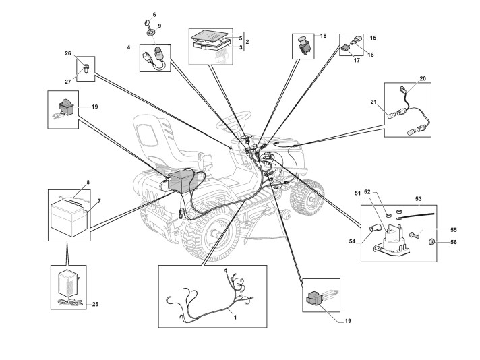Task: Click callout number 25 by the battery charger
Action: (95, 305)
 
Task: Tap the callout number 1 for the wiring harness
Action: (235, 316)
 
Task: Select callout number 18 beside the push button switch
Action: (323, 36)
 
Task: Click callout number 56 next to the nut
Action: (453, 242)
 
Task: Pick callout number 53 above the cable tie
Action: (419, 199)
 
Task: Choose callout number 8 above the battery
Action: (88, 182)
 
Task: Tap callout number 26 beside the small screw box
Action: (68, 54)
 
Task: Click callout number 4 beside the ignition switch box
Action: (128, 47)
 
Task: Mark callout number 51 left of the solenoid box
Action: (359, 193)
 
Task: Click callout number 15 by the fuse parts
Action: (373, 38)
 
